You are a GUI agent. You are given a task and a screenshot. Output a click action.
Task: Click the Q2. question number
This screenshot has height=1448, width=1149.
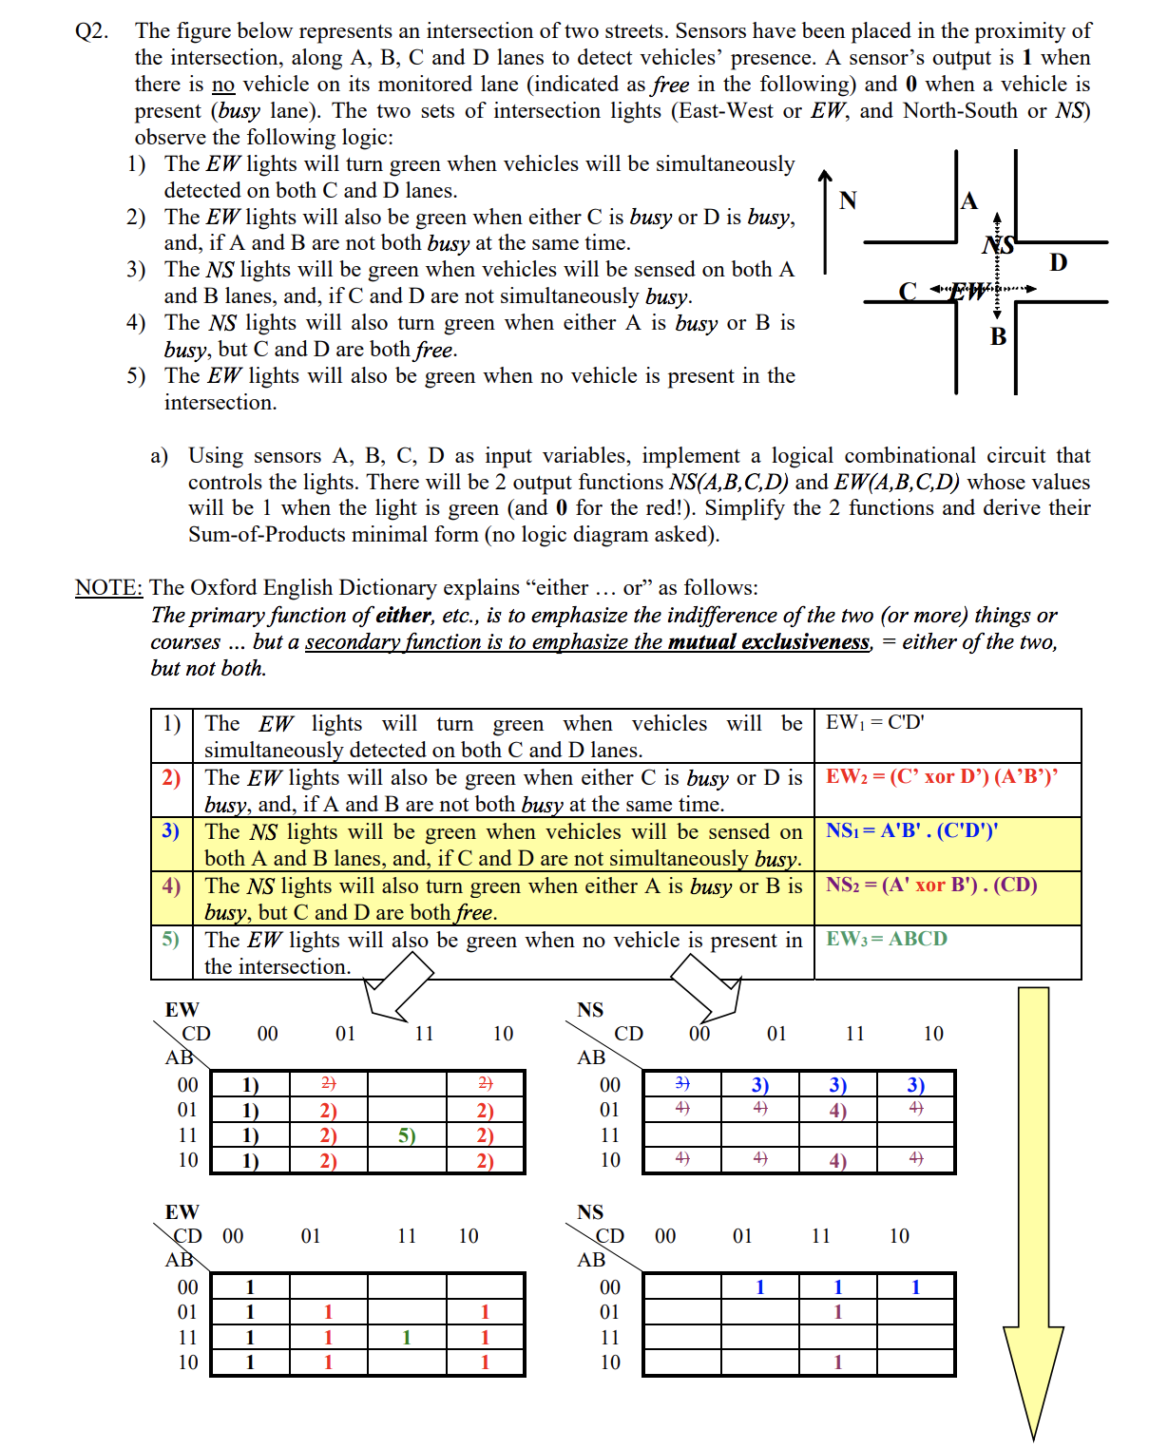tap(91, 31)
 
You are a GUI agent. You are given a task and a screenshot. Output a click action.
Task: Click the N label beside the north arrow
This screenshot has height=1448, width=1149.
tap(848, 200)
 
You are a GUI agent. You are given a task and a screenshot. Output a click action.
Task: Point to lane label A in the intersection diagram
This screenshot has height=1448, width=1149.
tap(968, 200)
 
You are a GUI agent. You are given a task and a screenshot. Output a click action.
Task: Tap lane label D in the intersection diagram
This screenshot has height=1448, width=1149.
tap(1058, 262)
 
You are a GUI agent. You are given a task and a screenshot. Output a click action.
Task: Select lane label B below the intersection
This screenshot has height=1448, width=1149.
tap(998, 336)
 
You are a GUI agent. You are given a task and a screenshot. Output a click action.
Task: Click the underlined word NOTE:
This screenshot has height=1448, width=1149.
tap(108, 588)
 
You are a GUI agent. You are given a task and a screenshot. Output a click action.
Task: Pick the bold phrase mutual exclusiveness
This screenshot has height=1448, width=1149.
tap(768, 642)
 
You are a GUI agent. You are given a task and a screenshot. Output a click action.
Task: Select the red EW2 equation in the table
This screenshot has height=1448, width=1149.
tap(941, 776)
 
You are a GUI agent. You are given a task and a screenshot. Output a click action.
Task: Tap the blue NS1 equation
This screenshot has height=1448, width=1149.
tap(911, 830)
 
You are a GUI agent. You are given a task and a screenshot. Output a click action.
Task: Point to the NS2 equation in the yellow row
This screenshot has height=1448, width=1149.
tap(930, 885)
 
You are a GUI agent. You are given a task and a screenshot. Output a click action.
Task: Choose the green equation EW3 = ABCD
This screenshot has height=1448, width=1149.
tap(886, 939)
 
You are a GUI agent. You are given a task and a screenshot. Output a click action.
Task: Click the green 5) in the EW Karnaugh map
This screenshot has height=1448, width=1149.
tap(407, 1135)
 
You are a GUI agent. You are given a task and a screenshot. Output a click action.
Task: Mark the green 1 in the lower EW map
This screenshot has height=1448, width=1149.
tap(407, 1338)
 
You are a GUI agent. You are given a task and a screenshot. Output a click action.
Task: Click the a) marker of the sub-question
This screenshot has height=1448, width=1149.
tap(159, 456)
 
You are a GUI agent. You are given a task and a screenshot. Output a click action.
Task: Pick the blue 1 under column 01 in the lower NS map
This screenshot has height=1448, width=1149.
tap(759, 1287)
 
